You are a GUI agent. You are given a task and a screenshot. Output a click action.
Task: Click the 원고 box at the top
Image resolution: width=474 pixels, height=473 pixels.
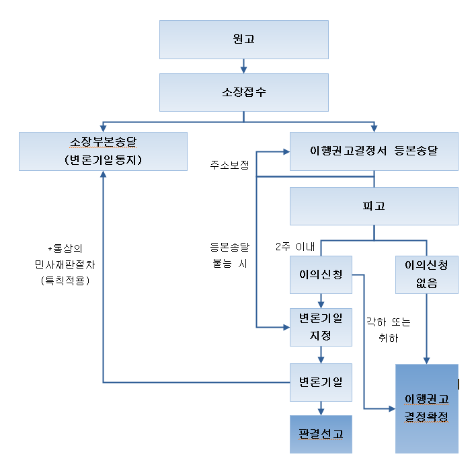coord(243,39)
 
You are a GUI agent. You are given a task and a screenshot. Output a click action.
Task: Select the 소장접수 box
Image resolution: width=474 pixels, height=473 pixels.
coord(243,92)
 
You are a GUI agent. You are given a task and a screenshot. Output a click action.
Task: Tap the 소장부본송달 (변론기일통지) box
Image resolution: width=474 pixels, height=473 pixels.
coord(103,151)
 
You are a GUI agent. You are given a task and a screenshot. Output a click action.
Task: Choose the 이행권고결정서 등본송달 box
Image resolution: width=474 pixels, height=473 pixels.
coord(374,151)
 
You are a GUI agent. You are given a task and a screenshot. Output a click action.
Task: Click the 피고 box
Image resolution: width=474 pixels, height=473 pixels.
coord(374,206)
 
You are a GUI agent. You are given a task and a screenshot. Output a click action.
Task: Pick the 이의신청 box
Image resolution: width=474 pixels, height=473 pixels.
coord(321,275)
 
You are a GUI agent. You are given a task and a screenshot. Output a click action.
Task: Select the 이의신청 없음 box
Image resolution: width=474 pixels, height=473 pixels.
coord(426,275)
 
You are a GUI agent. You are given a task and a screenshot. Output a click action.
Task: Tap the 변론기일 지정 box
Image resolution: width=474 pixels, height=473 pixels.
coord(321,327)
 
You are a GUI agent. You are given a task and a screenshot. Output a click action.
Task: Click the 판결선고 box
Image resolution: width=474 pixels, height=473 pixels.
coord(321,434)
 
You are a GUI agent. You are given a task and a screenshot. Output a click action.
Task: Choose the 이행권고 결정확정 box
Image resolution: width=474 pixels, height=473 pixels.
coord(426,408)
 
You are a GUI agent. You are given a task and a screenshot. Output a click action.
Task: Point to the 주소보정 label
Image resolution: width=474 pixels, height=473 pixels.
coord(229,165)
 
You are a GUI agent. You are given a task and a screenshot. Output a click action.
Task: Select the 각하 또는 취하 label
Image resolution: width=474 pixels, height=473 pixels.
coord(388,330)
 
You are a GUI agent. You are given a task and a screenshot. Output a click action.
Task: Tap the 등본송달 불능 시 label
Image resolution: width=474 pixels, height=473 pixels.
coord(229,256)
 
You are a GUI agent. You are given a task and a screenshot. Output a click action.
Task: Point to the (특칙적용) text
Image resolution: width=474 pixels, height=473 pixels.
coord(65,279)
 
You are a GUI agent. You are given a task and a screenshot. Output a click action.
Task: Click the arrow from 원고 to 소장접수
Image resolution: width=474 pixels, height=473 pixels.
coord(243,66)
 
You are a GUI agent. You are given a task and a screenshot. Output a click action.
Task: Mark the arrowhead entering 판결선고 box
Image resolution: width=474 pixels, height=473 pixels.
coord(321,410)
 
